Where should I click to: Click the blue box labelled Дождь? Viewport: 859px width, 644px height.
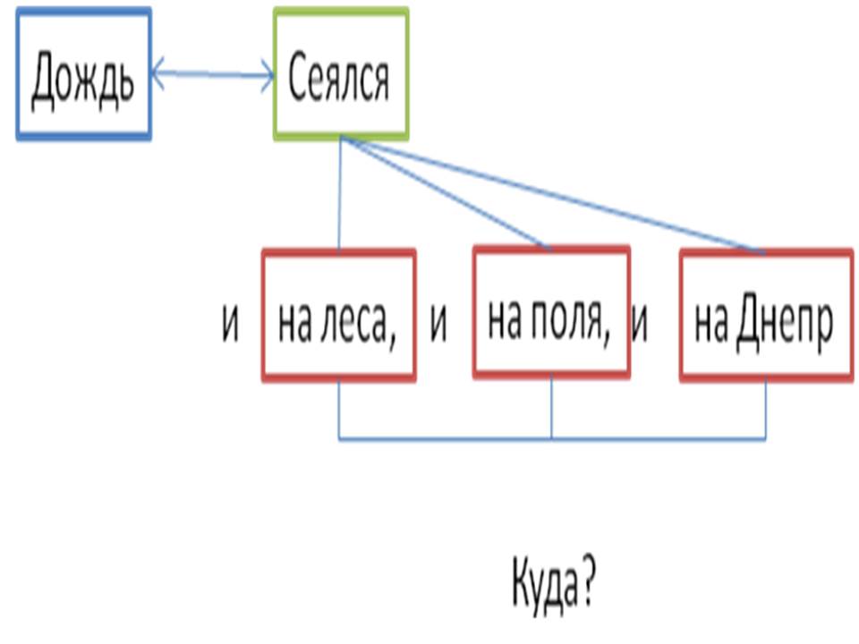coord(83,74)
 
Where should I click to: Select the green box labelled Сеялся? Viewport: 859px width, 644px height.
coord(340,74)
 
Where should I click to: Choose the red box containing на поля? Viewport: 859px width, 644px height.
coord(550,310)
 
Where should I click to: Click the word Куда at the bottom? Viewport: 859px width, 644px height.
coord(541,587)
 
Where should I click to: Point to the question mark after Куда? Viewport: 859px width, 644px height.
coord(586,586)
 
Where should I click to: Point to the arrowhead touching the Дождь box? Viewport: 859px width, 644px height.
coord(157,73)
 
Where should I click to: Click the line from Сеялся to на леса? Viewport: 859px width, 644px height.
coord(339,197)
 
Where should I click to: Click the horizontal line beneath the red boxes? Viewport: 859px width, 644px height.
coord(447,439)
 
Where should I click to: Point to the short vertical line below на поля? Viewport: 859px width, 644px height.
coord(551,407)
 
